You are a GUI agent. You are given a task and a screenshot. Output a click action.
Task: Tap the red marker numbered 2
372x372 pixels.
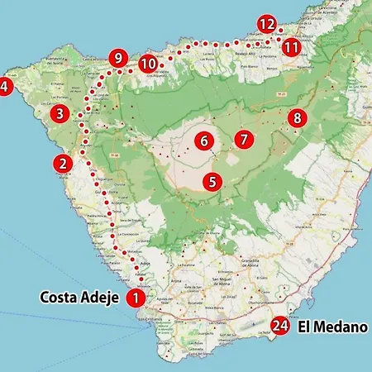(63, 164)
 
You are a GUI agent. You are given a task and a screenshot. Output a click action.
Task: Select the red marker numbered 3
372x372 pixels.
(60, 113)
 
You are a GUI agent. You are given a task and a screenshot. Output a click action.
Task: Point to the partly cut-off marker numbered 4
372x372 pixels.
(4, 85)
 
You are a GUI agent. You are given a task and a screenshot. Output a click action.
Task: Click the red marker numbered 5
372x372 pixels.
(212, 181)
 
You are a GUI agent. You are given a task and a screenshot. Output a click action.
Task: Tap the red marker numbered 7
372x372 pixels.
(242, 139)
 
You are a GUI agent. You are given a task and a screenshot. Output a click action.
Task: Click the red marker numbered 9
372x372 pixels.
(118, 59)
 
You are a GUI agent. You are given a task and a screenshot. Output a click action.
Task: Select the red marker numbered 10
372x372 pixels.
(148, 63)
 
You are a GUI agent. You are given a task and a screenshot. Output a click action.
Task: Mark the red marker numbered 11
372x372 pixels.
(290, 47)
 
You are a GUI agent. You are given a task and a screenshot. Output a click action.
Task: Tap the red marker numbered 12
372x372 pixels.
(266, 25)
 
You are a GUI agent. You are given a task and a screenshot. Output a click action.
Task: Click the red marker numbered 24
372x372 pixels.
(281, 327)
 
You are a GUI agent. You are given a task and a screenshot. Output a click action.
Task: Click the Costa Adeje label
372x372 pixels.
(79, 298)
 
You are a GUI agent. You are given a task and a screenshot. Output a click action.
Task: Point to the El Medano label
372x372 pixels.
(331, 327)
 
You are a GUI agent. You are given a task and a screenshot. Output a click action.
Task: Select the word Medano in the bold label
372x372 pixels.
(341, 327)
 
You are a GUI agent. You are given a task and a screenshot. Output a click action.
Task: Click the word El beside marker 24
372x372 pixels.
(304, 327)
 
